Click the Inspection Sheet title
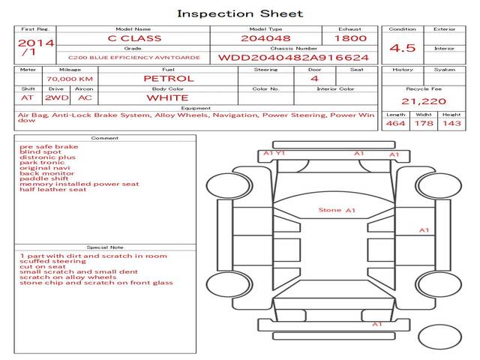(240, 13)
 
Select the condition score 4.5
(402, 48)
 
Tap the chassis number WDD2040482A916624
(293, 58)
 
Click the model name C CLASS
(134, 38)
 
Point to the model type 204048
(265, 38)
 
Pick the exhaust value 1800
(350, 38)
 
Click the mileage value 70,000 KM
(70, 79)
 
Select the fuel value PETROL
(169, 79)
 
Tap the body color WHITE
(167, 98)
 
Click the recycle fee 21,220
(424, 101)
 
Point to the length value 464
(395, 123)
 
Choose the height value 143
(451, 123)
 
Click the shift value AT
(27, 98)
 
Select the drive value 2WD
(57, 98)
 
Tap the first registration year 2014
(36, 43)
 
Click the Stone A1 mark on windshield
(337, 210)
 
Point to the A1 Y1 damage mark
(274, 153)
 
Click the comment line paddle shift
(44, 178)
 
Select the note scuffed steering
(53, 262)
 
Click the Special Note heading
(105, 247)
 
